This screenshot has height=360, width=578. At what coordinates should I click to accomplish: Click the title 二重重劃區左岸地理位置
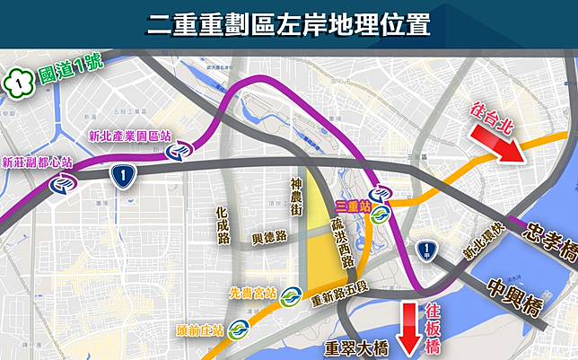pyautogui.click(x=288, y=23)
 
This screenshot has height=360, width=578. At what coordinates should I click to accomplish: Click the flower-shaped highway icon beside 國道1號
pyautogui.click(x=16, y=82)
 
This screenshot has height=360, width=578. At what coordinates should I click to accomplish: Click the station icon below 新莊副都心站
pyautogui.click(x=63, y=183)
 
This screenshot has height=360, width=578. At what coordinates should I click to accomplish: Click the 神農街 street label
pyautogui.click(x=296, y=197)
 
